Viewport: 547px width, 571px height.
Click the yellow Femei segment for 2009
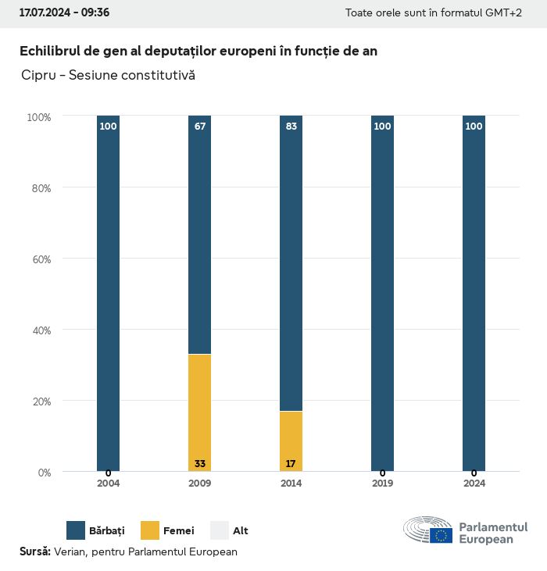199,412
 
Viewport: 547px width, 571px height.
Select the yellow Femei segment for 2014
291,441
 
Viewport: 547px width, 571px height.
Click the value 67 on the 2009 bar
199,127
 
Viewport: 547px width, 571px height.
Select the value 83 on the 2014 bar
291,127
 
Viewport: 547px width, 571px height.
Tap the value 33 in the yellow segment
199,464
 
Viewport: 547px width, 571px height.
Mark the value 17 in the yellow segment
291,464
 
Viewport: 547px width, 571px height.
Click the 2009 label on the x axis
199,484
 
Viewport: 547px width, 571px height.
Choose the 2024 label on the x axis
474,484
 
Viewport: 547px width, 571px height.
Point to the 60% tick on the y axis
39,259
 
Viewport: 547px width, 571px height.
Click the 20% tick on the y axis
39,401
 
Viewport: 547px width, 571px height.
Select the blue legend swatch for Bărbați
76,530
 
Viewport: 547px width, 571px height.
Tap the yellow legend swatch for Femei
150,530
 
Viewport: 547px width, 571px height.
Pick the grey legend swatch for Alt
220,530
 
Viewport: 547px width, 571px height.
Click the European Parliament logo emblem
428,530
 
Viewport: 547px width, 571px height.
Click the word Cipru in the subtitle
38,76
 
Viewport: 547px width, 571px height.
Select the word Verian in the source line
70,551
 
